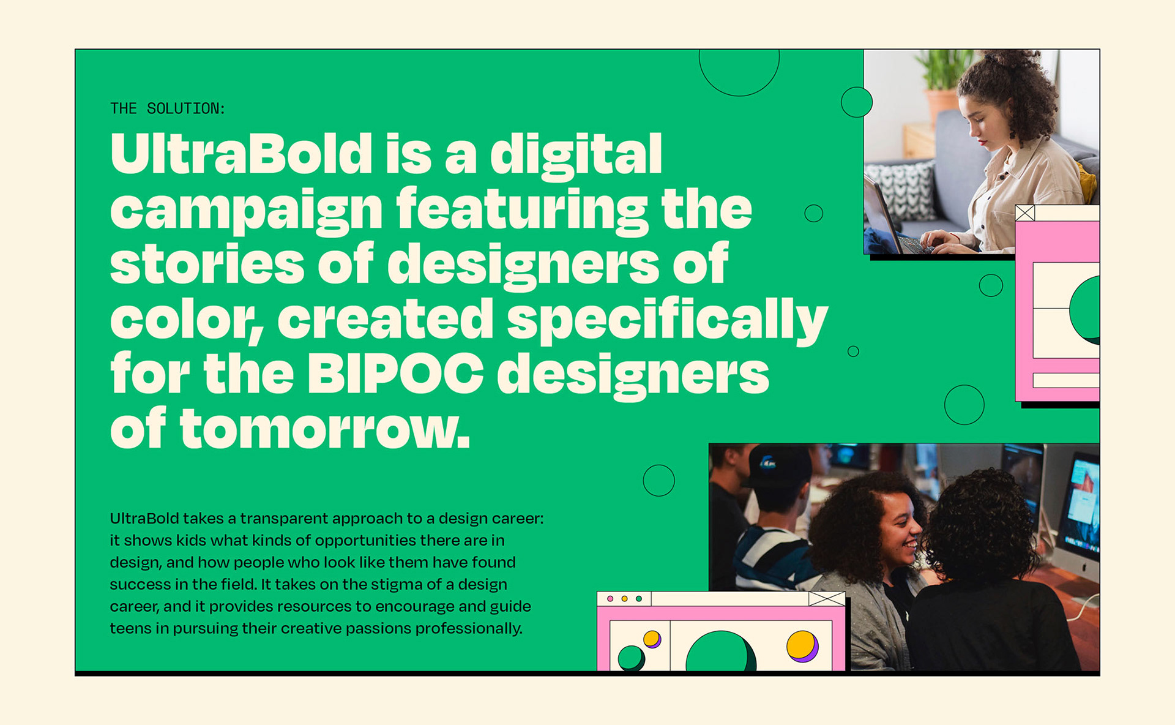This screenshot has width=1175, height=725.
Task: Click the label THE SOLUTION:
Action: [168, 108]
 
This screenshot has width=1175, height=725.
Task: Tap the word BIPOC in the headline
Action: [395, 374]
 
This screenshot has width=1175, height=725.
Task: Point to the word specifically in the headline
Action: [667, 321]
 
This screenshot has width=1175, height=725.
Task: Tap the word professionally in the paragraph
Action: [469, 629]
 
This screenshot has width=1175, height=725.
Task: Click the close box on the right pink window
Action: [1025, 212]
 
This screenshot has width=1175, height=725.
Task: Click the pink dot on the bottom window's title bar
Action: [610, 598]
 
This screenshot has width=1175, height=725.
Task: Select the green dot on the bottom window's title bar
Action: [639, 598]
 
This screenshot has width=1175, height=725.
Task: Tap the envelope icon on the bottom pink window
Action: [827, 598]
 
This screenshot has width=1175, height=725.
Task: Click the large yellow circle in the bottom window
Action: [801, 645]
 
